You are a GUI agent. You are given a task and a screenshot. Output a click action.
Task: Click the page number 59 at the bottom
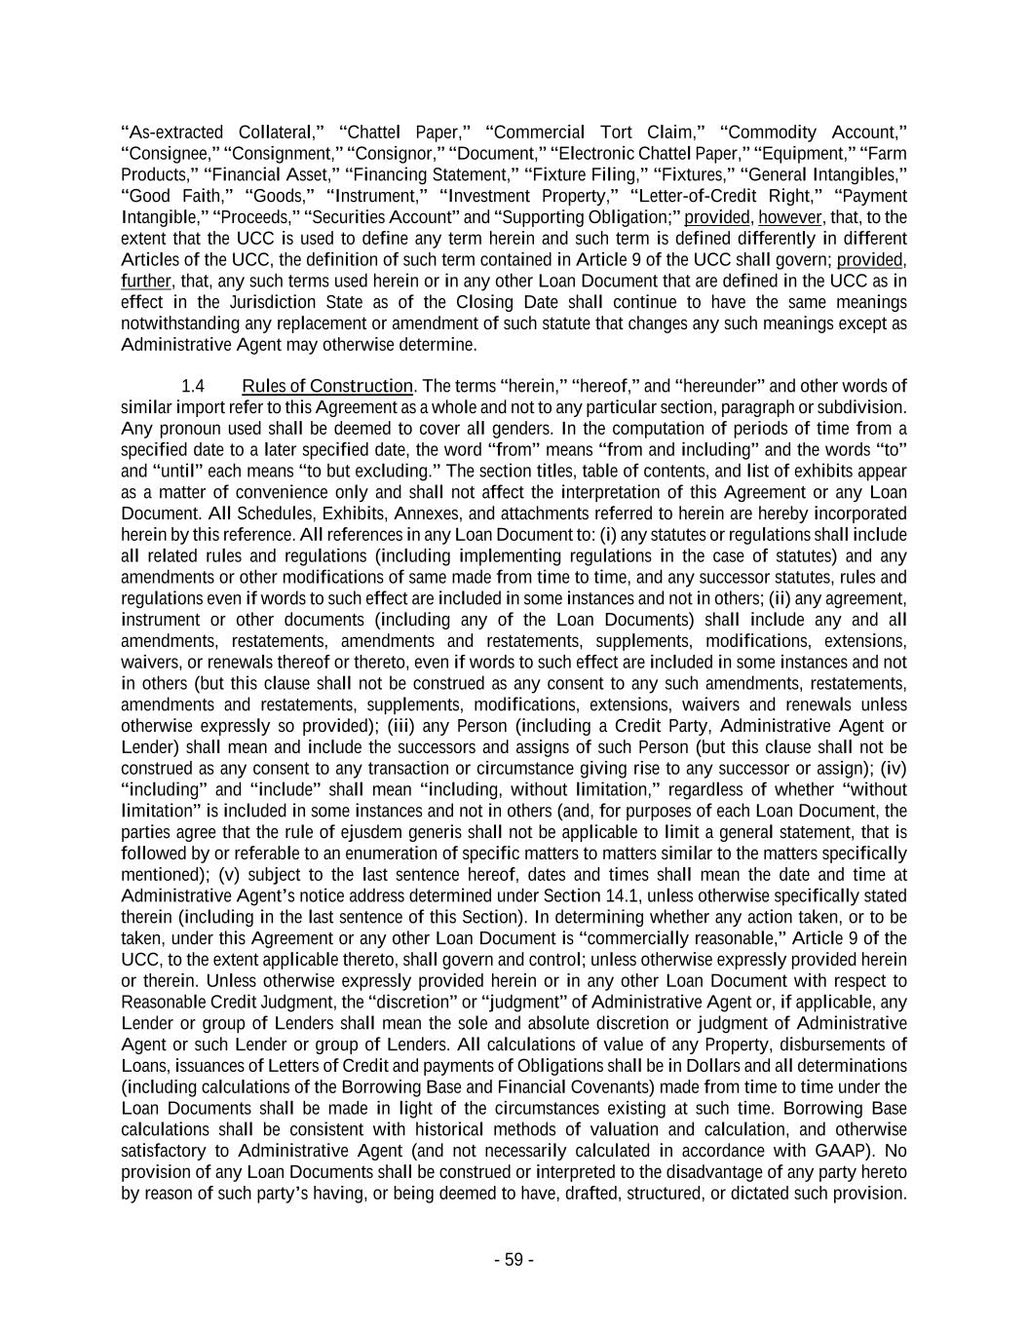pos(514,1260)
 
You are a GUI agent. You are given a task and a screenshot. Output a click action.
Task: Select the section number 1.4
pos(193,386)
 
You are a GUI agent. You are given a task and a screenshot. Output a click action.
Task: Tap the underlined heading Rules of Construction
pos(327,386)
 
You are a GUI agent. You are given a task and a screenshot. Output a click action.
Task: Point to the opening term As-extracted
pos(169,133)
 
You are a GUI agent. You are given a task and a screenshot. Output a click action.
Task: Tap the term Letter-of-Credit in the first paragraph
pos(692,196)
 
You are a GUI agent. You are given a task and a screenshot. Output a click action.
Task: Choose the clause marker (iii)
pos(400,726)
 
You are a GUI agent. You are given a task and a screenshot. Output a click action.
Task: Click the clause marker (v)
pos(228,875)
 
